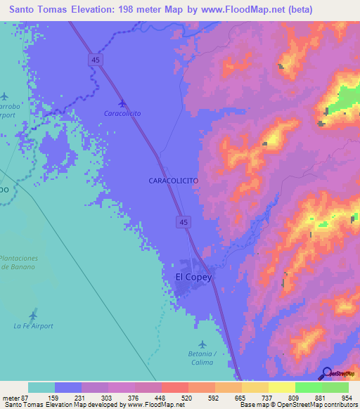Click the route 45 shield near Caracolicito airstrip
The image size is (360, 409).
(94, 61)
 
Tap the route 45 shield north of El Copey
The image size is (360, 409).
(182, 222)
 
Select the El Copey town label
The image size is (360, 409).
(193, 277)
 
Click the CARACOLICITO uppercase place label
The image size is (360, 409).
(173, 181)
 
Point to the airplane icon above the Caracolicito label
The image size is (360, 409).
(123, 103)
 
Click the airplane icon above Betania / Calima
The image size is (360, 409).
(203, 344)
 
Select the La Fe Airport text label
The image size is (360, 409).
(33, 326)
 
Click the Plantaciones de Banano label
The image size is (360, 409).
(19, 263)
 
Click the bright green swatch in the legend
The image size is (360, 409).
(308, 387)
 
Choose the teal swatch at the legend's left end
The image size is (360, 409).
(41, 387)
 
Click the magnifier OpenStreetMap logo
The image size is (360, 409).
(326, 373)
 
